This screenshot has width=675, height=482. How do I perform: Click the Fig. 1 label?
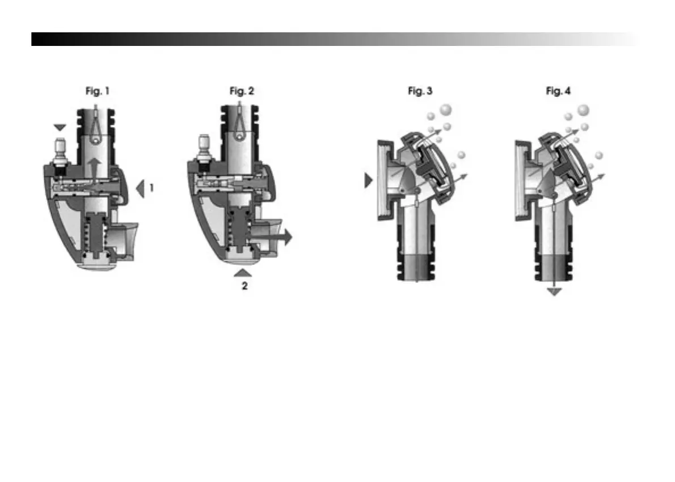pyautogui.click(x=98, y=91)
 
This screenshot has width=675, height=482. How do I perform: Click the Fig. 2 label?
pyautogui.click(x=242, y=91)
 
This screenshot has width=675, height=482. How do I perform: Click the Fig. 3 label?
pyautogui.click(x=420, y=91)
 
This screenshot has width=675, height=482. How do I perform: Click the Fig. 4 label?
pyautogui.click(x=558, y=91)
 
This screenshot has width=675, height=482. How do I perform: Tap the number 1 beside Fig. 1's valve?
pyautogui.click(x=151, y=188)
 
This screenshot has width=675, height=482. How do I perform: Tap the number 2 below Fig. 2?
pyautogui.click(x=244, y=286)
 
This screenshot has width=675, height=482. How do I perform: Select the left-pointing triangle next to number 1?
pyautogui.click(x=140, y=188)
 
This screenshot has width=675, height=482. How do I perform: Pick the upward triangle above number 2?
pyautogui.click(x=243, y=272)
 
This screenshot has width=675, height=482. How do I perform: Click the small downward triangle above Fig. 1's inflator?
pyautogui.click(x=60, y=128)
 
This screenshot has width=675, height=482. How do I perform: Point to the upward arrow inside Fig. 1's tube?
pyautogui.click(x=95, y=168)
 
